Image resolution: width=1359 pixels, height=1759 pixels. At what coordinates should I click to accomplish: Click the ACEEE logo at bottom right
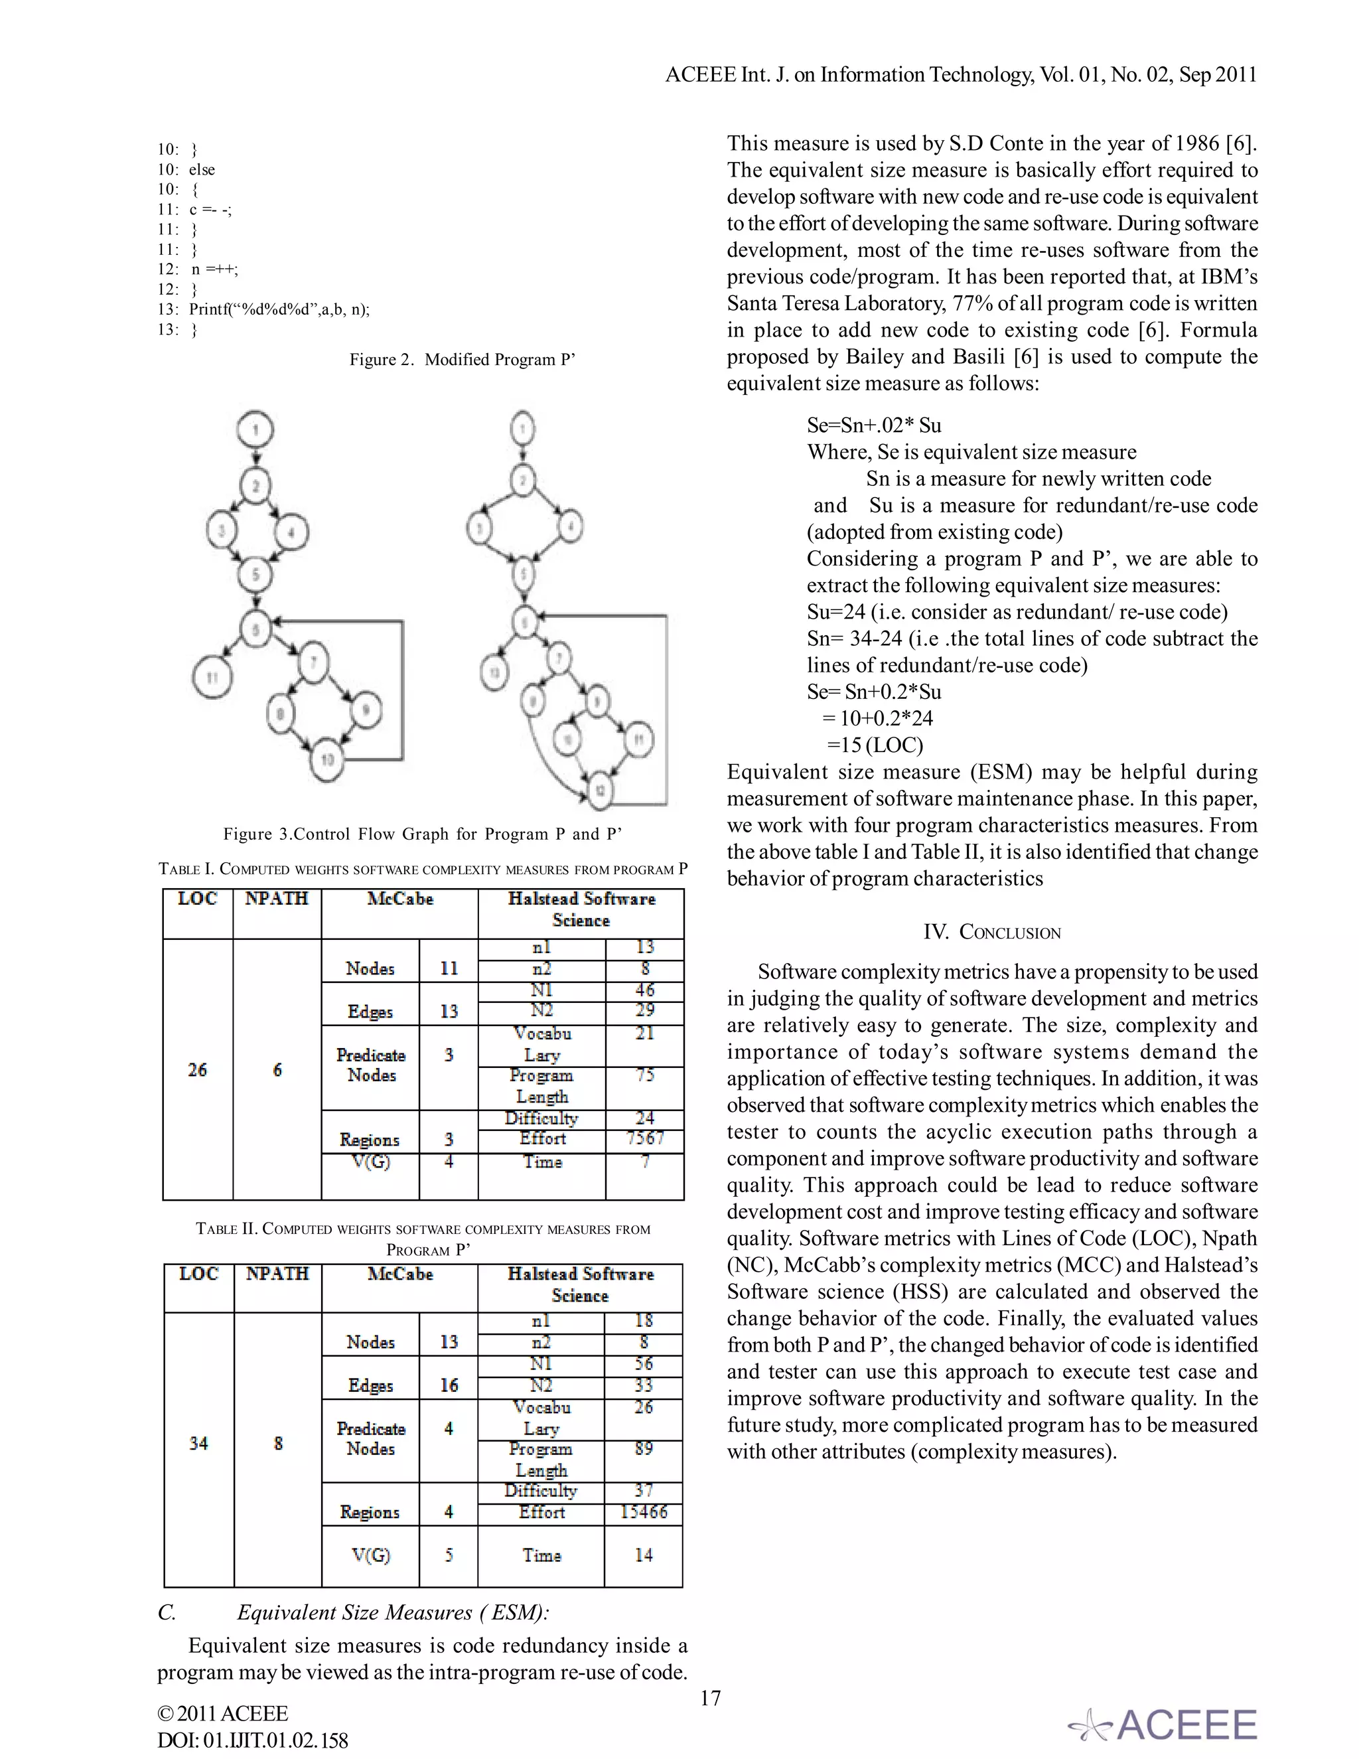pyautogui.click(x=1163, y=1724)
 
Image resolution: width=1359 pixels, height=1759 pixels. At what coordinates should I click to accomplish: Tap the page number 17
pyautogui.click(x=710, y=1698)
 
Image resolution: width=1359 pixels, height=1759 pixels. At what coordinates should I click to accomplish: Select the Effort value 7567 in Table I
pyautogui.click(x=644, y=1138)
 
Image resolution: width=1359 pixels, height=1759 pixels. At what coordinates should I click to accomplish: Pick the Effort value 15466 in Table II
pyautogui.click(x=642, y=1511)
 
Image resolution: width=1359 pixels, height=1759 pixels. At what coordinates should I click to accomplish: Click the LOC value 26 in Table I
pyautogui.click(x=197, y=1069)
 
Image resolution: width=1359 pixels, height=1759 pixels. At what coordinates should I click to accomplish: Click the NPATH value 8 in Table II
pyautogui.click(x=278, y=1442)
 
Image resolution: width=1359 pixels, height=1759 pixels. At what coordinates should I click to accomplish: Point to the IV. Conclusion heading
pyautogui.click(x=992, y=932)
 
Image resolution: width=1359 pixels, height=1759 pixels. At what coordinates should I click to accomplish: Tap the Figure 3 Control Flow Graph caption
pyautogui.click(x=423, y=834)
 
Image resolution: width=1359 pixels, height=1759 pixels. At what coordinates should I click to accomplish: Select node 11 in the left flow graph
pyautogui.click(x=212, y=676)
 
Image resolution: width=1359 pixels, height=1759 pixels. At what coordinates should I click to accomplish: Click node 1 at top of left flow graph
pyautogui.click(x=255, y=429)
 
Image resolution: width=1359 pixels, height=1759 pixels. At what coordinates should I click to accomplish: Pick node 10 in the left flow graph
pyautogui.click(x=328, y=759)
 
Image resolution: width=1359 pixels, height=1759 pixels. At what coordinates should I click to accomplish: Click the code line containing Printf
pyautogui.click(x=264, y=309)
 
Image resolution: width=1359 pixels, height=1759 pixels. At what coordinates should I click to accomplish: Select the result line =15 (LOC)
pyautogui.click(x=875, y=745)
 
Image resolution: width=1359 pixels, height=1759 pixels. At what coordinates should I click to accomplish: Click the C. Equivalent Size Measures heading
pyautogui.click(x=354, y=1612)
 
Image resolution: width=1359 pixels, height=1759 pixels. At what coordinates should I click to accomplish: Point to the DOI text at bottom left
pyautogui.click(x=252, y=1740)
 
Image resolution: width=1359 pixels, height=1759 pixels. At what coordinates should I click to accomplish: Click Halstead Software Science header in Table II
pyautogui.click(x=580, y=1284)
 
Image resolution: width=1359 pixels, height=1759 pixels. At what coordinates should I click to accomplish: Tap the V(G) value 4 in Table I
pyautogui.click(x=449, y=1162)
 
